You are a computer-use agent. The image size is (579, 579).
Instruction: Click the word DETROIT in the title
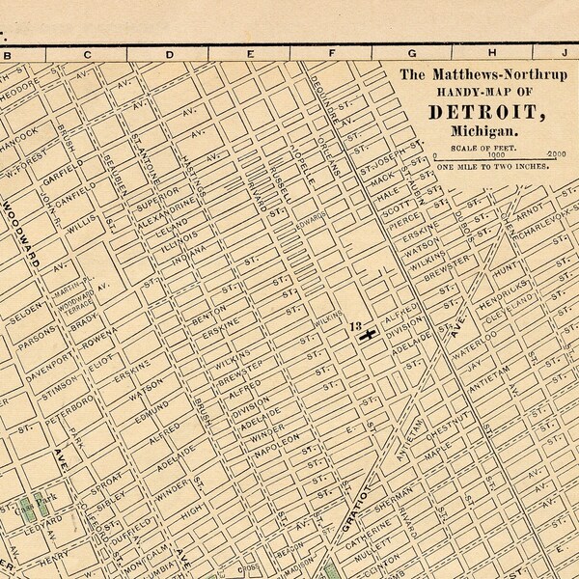click(x=484, y=112)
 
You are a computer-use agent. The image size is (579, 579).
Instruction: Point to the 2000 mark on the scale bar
click(x=555, y=154)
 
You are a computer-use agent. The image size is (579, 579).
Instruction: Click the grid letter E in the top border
click(x=251, y=54)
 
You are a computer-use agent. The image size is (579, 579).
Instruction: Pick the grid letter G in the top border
click(x=412, y=54)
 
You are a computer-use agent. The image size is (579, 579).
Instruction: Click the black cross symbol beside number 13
click(x=367, y=335)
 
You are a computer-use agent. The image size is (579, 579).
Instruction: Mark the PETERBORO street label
click(x=34, y=412)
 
